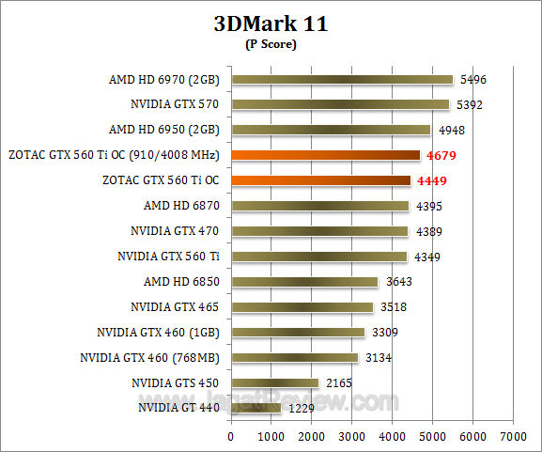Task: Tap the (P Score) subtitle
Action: click(x=271, y=44)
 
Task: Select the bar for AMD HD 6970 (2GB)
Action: click(x=342, y=80)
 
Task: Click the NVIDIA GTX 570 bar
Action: click(x=339, y=105)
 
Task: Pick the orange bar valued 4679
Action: click(x=325, y=155)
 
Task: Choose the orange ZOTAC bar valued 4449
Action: click(x=320, y=180)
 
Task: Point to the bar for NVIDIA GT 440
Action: click(x=256, y=408)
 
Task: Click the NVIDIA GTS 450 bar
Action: click(x=274, y=382)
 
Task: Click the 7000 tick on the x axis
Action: click(x=513, y=436)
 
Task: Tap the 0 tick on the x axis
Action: click(x=231, y=436)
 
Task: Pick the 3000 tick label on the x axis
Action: click(x=351, y=436)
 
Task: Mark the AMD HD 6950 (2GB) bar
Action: click(x=331, y=130)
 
